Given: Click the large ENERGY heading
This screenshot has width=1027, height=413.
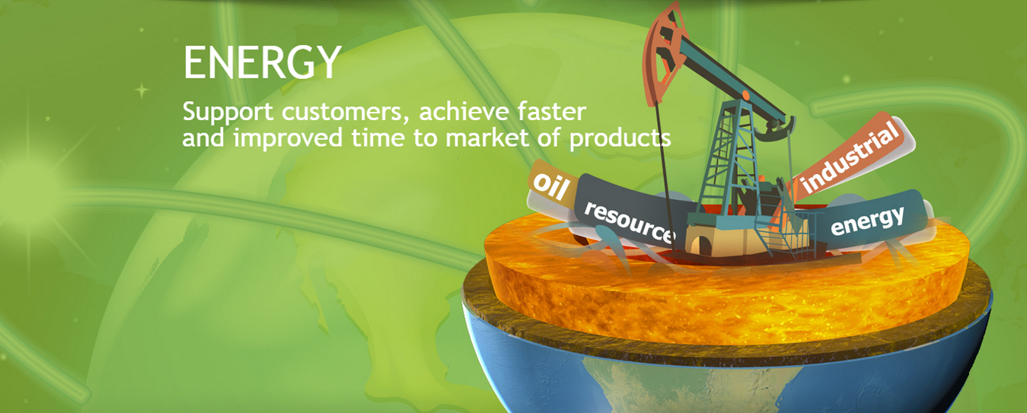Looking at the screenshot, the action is (x=262, y=62).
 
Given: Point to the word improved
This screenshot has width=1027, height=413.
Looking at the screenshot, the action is (x=288, y=138).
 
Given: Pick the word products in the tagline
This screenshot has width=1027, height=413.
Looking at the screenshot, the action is (x=620, y=139).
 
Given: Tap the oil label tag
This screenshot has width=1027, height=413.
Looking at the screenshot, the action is (x=551, y=186).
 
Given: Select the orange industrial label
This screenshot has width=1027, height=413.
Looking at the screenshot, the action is (x=850, y=156).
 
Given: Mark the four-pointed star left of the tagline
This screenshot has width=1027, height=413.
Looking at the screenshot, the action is (x=142, y=91).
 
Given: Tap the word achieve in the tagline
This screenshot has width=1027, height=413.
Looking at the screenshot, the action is (x=464, y=111).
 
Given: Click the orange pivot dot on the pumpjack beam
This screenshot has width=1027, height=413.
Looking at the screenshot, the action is (x=745, y=96).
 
